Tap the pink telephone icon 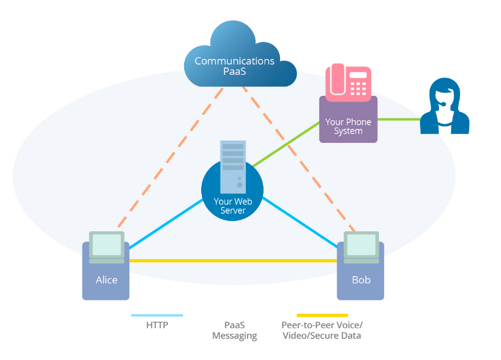(x=348, y=82)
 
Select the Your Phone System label (x=348, y=126)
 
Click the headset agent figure (x=444, y=107)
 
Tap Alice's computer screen (x=107, y=244)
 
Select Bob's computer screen (x=362, y=244)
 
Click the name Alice (x=106, y=279)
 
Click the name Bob (x=361, y=279)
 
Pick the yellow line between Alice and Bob (x=232, y=261)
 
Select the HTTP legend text (x=157, y=325)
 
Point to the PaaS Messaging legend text (x=234, y=331)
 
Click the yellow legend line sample (x=322, y=315)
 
